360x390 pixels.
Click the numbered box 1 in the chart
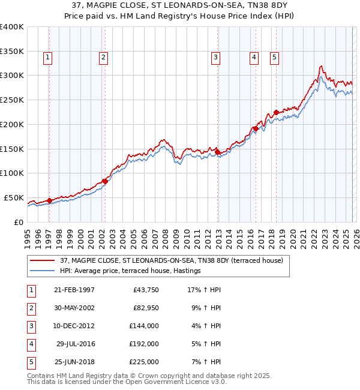coord(47,58)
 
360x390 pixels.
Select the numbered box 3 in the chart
coord(215,58)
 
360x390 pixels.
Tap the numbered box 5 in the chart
coord(274,58)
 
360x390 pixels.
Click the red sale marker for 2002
coord(104,181)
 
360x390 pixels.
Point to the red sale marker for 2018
coord(276,112)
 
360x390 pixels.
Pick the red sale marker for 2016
coord(256,128)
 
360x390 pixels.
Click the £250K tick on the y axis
coord(12,100)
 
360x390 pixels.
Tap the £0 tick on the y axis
coord(19,222)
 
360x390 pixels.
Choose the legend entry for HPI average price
coord(130,271)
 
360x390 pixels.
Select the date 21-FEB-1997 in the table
coord(74,290)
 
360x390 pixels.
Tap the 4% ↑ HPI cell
coord(205,326)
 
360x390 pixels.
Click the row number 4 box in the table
coord(30,344)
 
